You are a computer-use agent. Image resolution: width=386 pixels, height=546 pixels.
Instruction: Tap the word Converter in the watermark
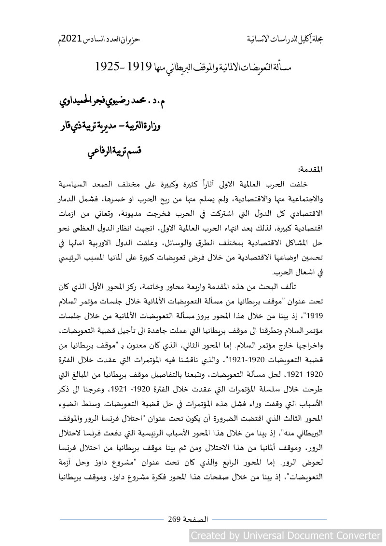click(x=356, y=535)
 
